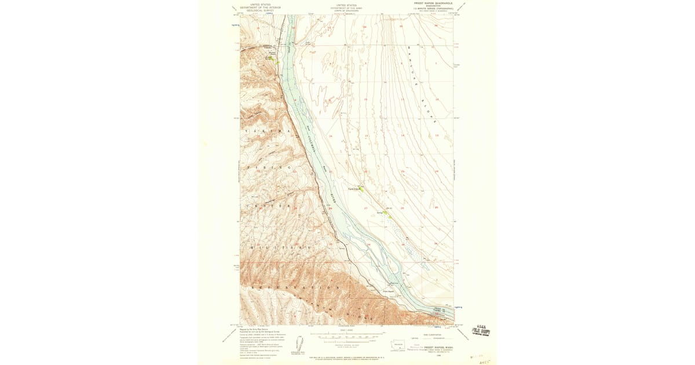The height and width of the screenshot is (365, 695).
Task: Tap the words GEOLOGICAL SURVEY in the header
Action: pyautogui.click(x=259, y=10)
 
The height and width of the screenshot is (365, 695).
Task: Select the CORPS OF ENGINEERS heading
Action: pyautogui.click(x=347, y=10)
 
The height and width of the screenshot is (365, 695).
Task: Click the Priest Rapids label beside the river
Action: pyautogui.click(x=388, y=291)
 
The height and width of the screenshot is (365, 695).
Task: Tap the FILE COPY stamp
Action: pyautogui.click(x=480, y=330)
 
